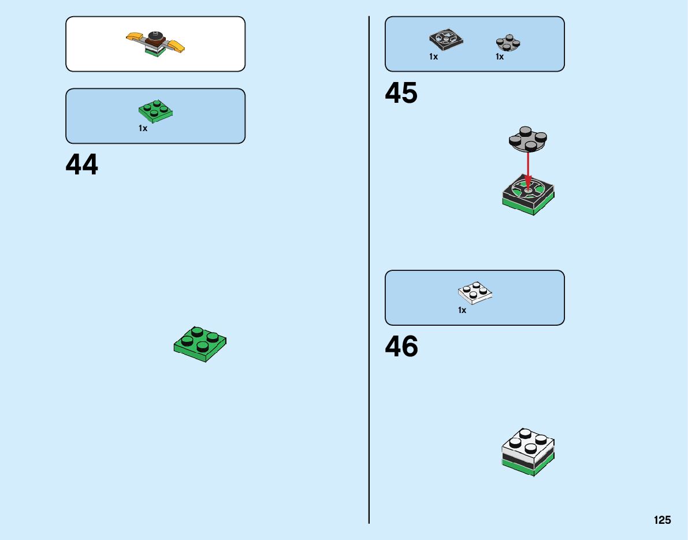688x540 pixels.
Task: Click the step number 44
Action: click(82, 165)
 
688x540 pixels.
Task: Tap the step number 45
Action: click(401, 93)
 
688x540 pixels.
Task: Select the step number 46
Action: click(401, 347)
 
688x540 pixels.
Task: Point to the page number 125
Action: click(662, 520)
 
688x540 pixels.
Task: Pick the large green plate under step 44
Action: click(200, 344)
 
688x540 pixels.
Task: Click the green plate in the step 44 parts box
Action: click(156, 110)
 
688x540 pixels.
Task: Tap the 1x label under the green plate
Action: click(143, 128)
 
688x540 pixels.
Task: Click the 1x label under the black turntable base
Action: click(433, 57)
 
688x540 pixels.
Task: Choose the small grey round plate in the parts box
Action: click(507, 43)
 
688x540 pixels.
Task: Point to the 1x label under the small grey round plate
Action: click(499, 57)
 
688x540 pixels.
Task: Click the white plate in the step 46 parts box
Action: click(475, 293)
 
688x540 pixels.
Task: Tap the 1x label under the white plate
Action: click(462, 310)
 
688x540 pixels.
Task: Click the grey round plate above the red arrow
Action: click(527, 139)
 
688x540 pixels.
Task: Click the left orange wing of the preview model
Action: click(135, 38)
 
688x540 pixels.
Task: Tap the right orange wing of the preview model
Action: click(177, 46)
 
